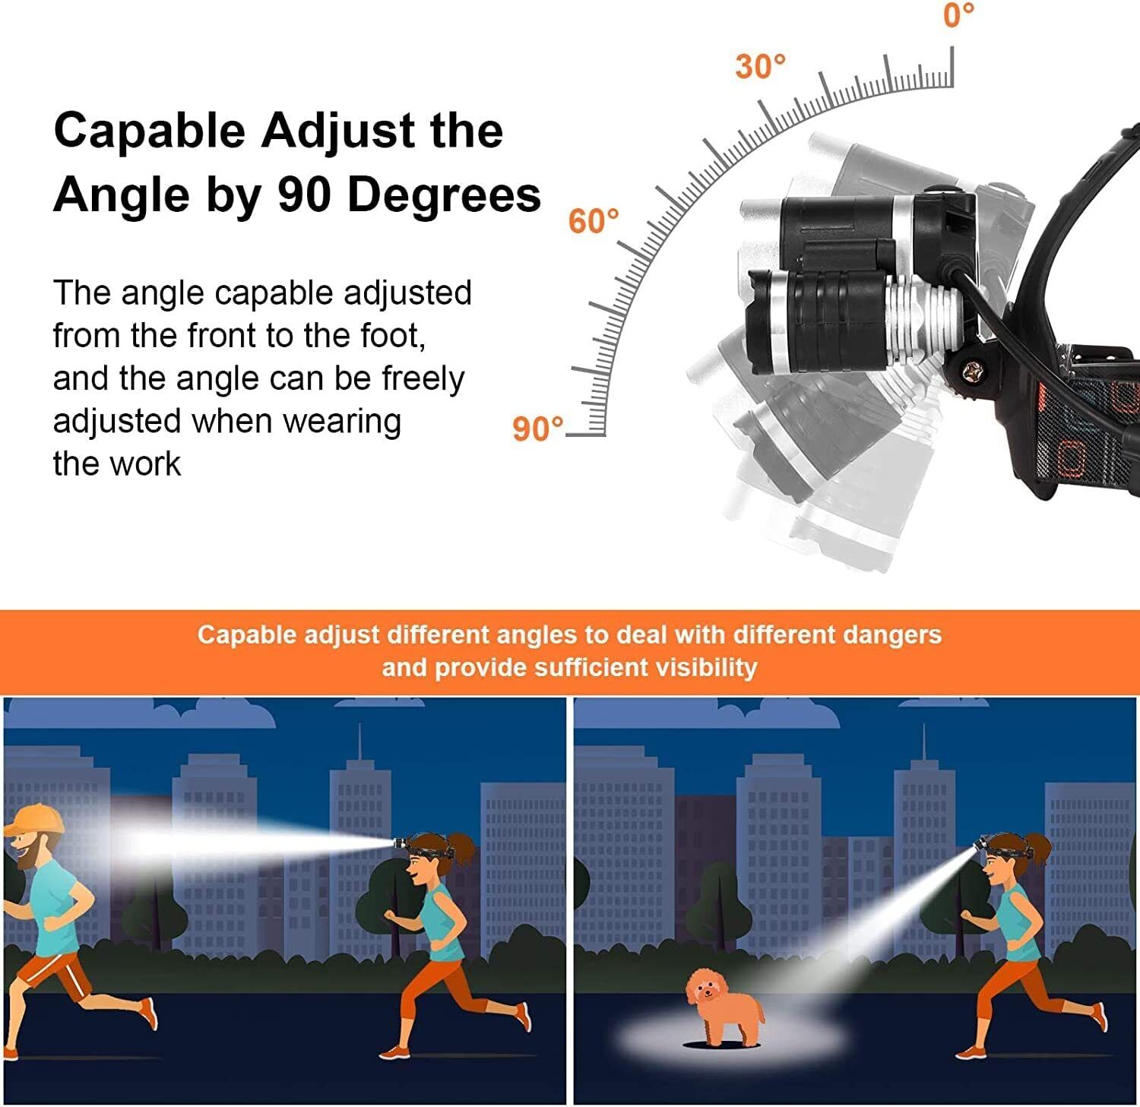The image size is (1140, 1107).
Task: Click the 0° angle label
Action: [958, 14]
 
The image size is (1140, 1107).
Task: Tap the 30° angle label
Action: [759, 67]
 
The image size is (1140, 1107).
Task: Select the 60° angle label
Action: [594, 222]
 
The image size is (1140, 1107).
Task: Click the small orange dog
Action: [722, 1007]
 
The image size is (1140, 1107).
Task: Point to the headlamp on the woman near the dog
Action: [981, 843]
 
